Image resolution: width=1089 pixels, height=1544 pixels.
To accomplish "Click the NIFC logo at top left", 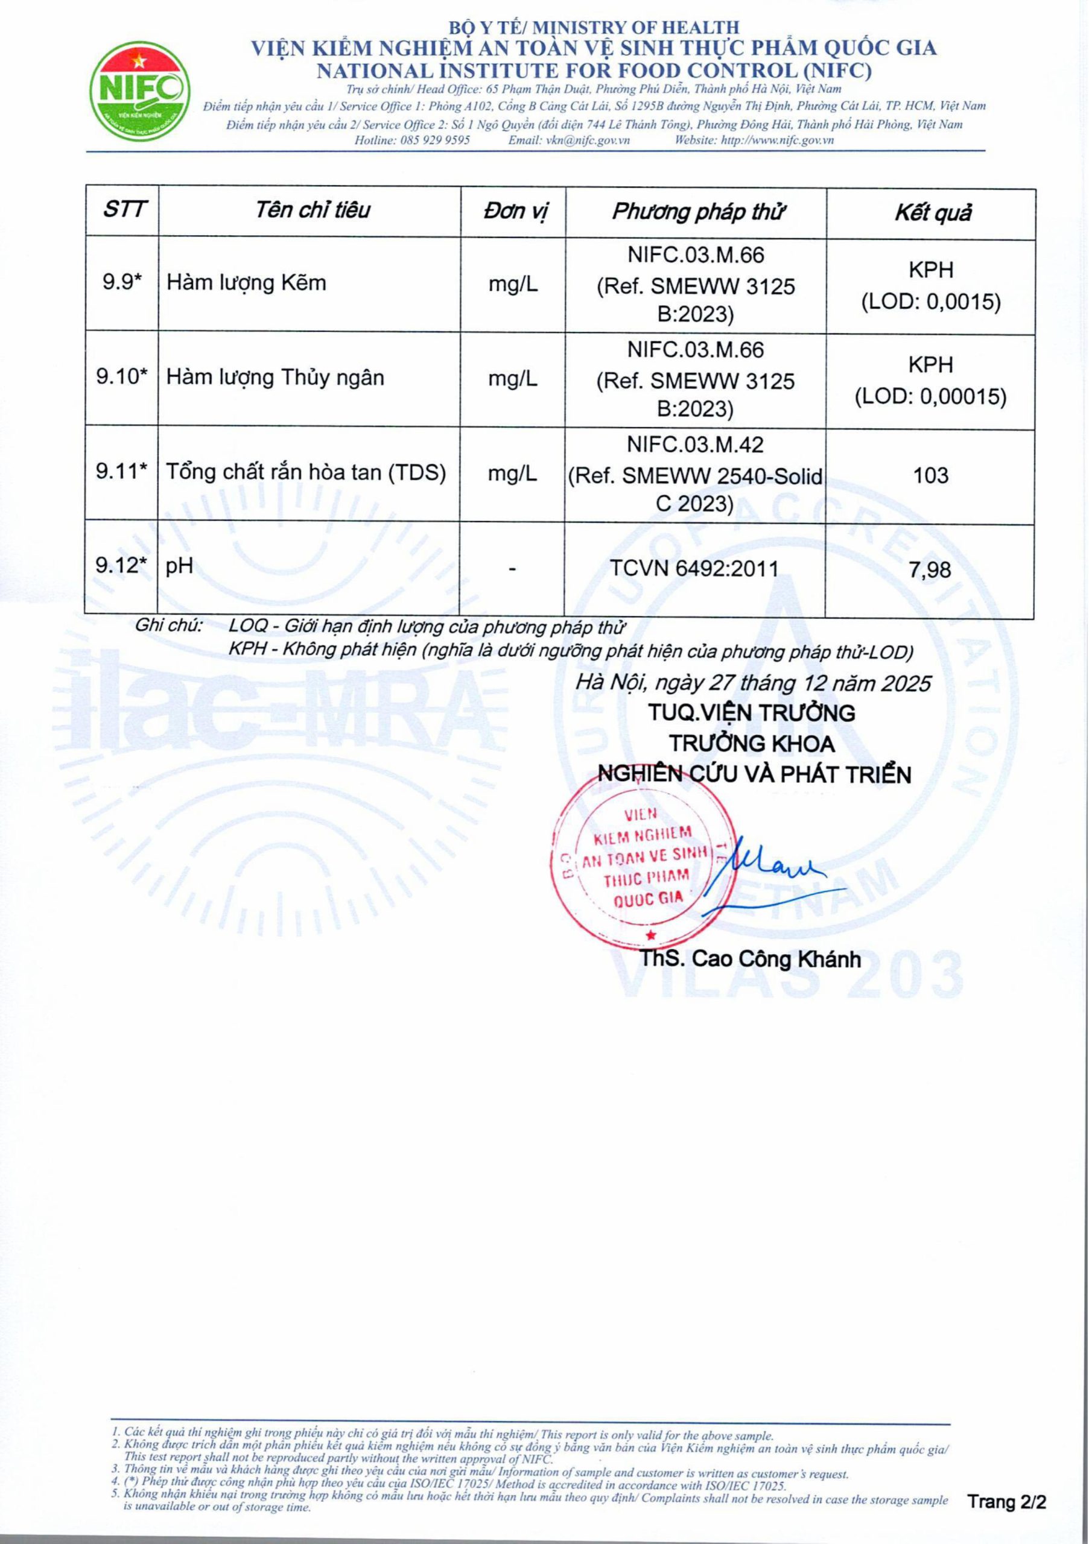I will point(140,91).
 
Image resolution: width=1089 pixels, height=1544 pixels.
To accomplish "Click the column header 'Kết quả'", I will point(932,213).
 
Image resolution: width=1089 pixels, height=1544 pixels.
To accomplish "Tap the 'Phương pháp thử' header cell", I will point(697,212).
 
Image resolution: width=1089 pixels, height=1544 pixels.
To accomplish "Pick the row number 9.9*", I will point(122,282).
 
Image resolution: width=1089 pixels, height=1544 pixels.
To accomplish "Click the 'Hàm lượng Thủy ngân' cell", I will point(275,378).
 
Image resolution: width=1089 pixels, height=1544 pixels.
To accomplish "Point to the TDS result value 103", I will point(931,475).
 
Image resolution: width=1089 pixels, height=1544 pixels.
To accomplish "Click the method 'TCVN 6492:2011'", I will point(694,569).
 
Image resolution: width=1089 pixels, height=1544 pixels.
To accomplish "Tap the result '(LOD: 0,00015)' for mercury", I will point(931,397).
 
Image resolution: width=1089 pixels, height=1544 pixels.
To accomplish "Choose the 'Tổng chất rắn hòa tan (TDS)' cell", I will point(306,473).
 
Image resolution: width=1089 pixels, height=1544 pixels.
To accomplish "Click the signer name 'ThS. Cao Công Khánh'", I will point(750,958).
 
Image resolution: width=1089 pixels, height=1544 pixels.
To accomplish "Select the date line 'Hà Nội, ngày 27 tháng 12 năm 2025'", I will point(754,683).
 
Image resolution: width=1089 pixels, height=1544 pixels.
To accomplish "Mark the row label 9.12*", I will point(121,566).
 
